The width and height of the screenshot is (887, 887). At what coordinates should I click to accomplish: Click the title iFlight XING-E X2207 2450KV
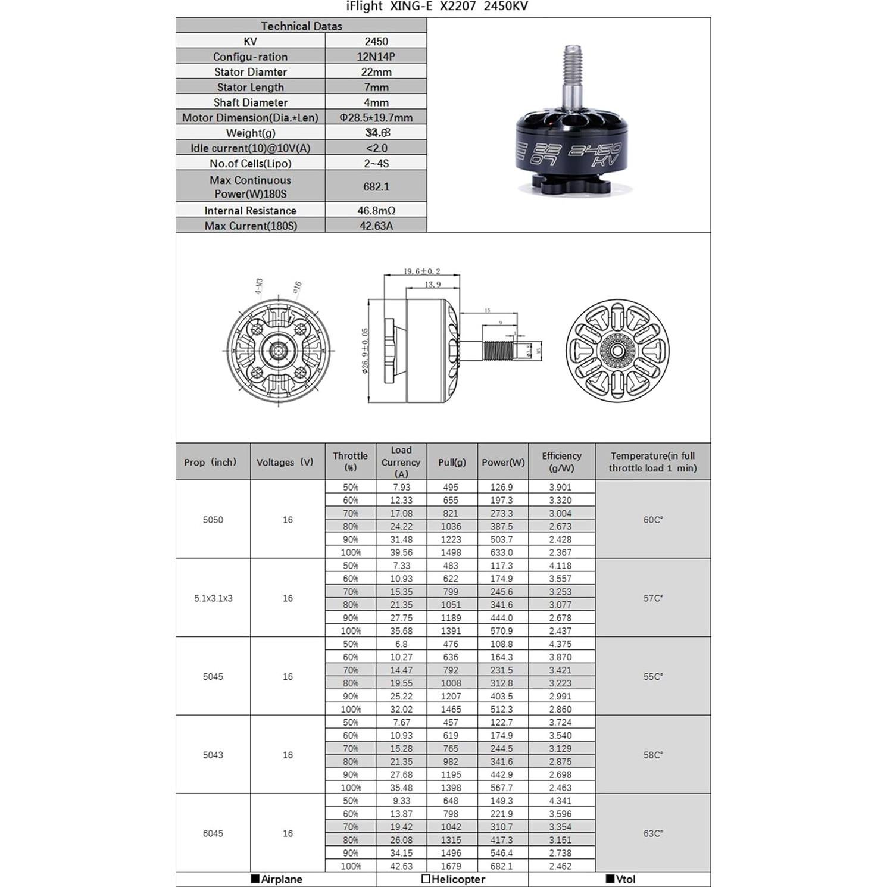(437, 7)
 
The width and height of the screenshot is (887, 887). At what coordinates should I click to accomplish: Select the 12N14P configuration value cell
(376, 57)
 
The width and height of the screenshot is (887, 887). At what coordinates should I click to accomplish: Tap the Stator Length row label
(250, 87)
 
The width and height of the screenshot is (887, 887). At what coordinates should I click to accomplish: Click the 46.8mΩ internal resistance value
(376, 210)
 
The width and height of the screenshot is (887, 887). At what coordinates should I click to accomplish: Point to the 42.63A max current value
(376, 226)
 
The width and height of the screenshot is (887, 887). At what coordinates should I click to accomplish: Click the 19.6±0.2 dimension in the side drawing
(421, 271)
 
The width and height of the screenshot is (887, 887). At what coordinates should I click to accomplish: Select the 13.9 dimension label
(433, 285)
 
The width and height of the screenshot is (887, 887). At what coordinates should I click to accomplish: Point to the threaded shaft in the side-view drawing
(498, 351)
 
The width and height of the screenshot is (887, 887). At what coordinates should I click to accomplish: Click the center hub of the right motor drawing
(617, 351)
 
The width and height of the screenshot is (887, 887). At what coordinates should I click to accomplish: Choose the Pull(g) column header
(452, 462)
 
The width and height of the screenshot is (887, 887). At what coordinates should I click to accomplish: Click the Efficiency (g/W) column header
(561, 462)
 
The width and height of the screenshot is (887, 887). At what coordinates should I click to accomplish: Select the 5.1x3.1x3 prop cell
(213, 598)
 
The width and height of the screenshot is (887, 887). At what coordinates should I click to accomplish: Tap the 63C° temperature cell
(652, 833)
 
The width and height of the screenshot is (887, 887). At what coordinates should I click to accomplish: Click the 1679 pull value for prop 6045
(451, 866)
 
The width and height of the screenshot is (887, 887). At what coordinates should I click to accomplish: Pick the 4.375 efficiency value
(560, 644)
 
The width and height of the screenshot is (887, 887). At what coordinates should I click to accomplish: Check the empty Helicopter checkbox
(426, 879)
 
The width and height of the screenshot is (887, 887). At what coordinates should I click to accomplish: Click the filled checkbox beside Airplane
(255, 879)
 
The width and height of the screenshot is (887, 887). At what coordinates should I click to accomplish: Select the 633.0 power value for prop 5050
(501, 552)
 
